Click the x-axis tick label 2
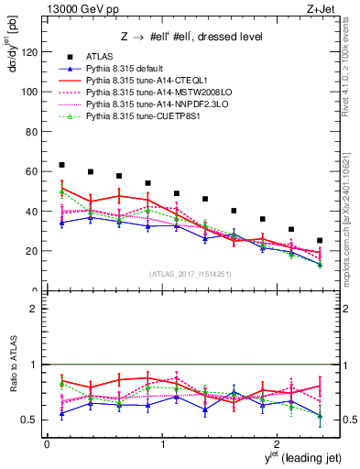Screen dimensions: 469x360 [x=278, y=445]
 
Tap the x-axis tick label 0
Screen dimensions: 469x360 [x=47, y=445]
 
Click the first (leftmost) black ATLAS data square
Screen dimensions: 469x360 [x=61, y=165]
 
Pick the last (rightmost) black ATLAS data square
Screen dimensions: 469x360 [x=320, y=241]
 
